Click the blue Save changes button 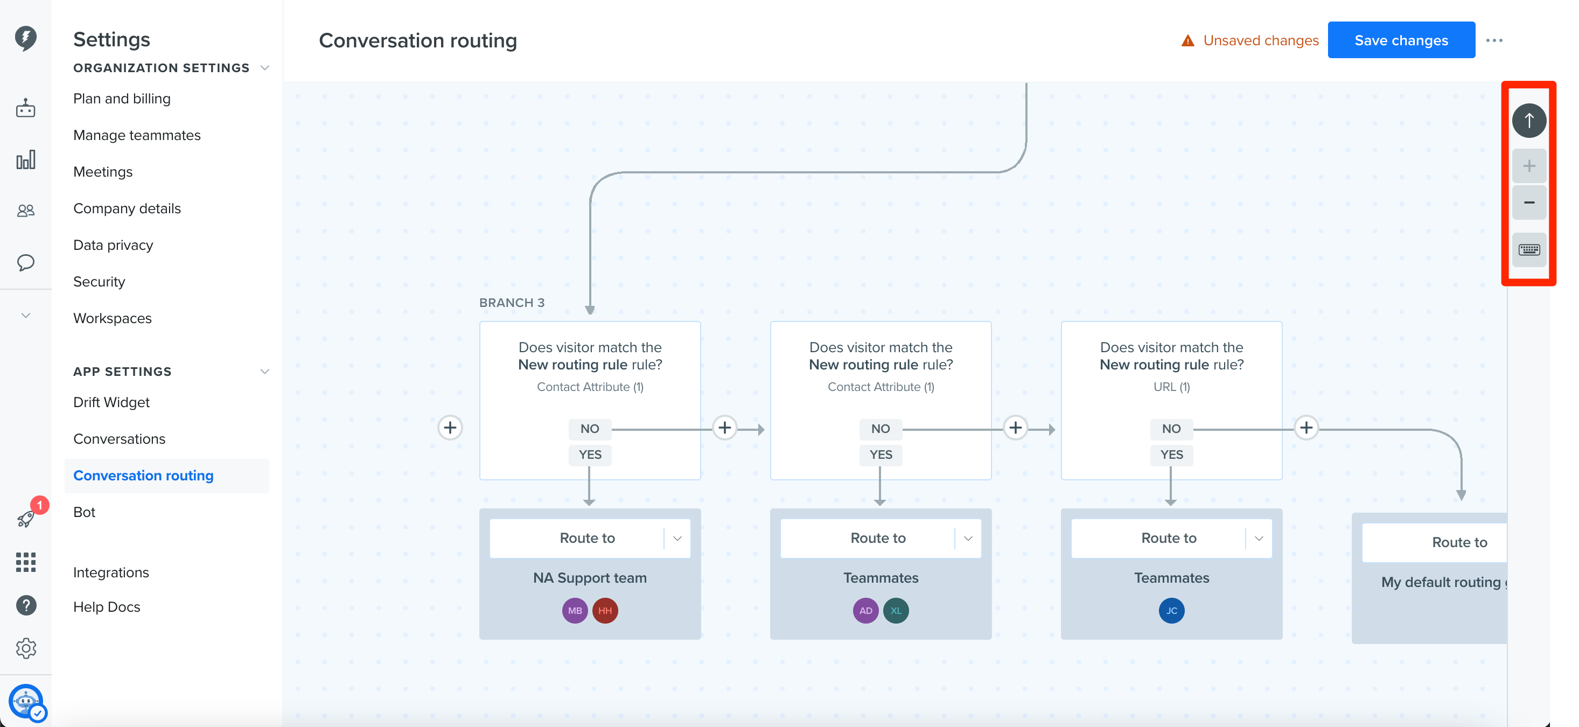pyautogui.click(x=1401, y=40)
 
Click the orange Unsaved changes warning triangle pyautogui.click(x=1187, y=40)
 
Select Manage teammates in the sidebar pyautogui.click(x=137, y=136)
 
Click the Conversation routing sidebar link pyautogui.click(x=143, y=476)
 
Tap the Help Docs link pyautogui.click(x=107, y=607)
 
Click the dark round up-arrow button pyautogui.click(x=1529, y=120)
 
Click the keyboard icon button pyautogui.click(x=1529, y=249)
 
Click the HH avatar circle pyautogui.click(x=605, y=611)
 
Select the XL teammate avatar pyautogui.click(x=896, y=611)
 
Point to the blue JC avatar pyautogui.click(x=1171, y=611)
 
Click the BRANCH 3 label pyautogui.click(x=512, y=303)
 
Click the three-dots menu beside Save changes pyautogui.click(x=1494, y=40)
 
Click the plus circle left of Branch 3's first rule pyautogui.click(x=450, y=428)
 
